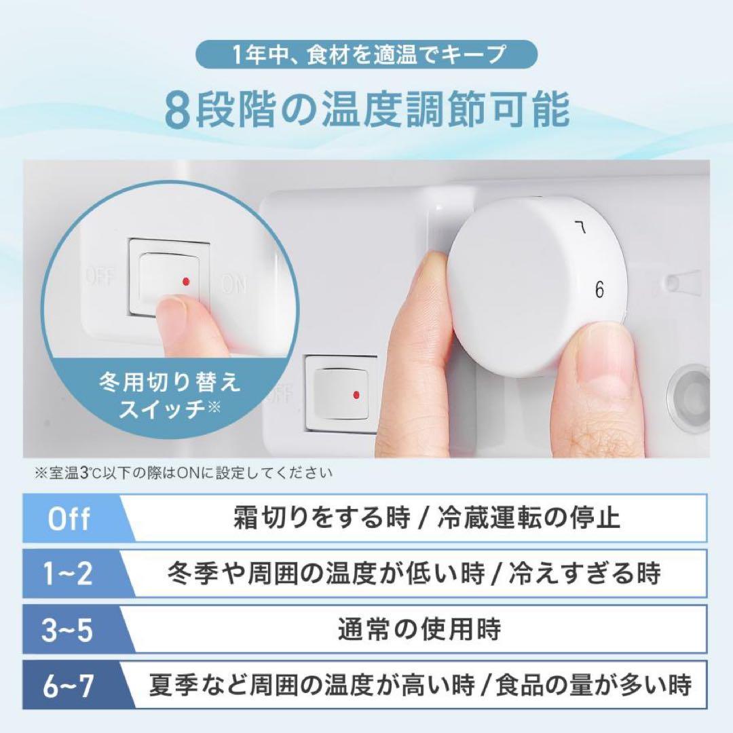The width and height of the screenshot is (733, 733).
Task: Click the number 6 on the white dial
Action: (x=599, y=290)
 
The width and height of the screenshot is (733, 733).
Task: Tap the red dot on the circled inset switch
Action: (x=185, y=280)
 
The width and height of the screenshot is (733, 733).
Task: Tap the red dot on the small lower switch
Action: (x=355, y=394)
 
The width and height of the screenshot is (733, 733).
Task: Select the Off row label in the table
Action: (x=69, y=519)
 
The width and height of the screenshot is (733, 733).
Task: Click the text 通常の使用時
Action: (x=419, y=629)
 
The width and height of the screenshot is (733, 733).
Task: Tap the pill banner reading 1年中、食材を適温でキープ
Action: (x=366, y=54)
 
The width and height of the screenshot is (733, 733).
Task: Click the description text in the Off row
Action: (x=426, y=519)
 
